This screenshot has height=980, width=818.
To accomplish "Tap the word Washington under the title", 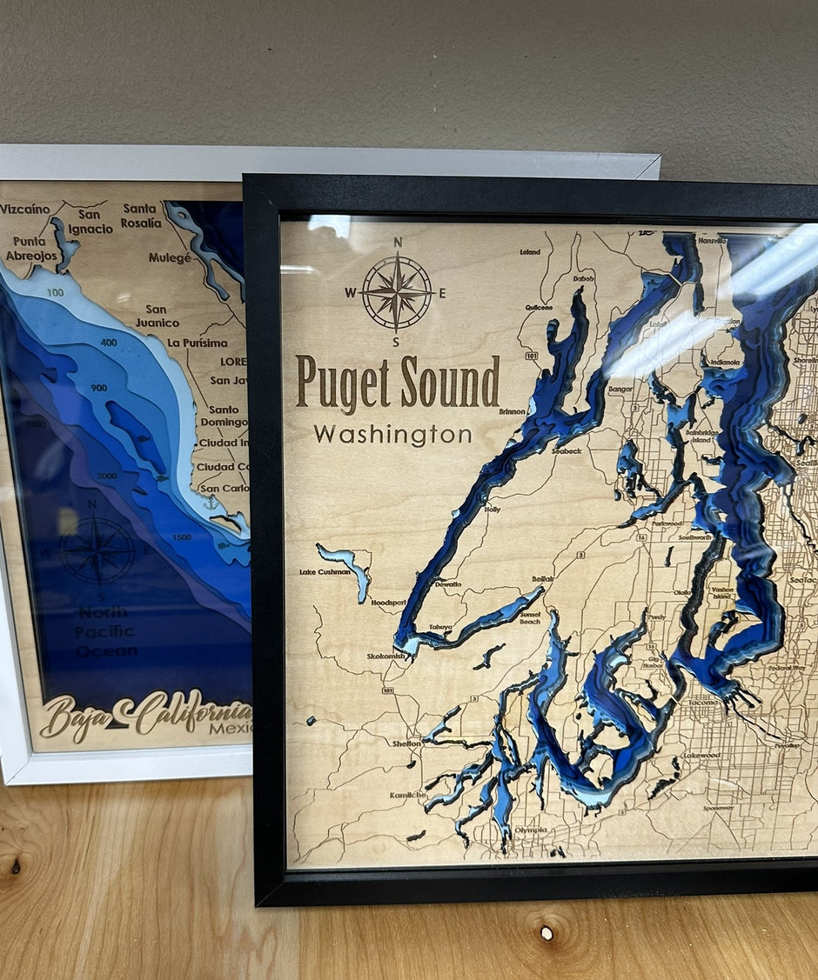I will [x=392, y=434].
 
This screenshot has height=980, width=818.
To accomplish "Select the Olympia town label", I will [x=530, y=830].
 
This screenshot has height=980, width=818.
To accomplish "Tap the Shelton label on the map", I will [x=406, y=743].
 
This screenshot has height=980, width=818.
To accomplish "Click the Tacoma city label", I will [x=699, y=702].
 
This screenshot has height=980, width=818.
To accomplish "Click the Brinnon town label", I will [x=512, y=411].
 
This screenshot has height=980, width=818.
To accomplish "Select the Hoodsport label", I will [x=388, y=602].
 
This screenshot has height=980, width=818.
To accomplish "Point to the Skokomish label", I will [x=386, y=657].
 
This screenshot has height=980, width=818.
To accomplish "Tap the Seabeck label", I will [x=566, y=451].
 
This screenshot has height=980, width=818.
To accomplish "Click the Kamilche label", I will [x=407, y=795].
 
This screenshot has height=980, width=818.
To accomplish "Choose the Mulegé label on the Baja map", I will [x=170, y=257].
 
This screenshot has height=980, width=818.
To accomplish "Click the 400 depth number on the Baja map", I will [x=109, y=343].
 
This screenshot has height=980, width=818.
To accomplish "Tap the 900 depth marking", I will [x=99, y=387].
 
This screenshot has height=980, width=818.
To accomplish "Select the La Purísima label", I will [x=198, y=343].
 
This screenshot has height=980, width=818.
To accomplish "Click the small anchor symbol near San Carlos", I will [x=210, y=503].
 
